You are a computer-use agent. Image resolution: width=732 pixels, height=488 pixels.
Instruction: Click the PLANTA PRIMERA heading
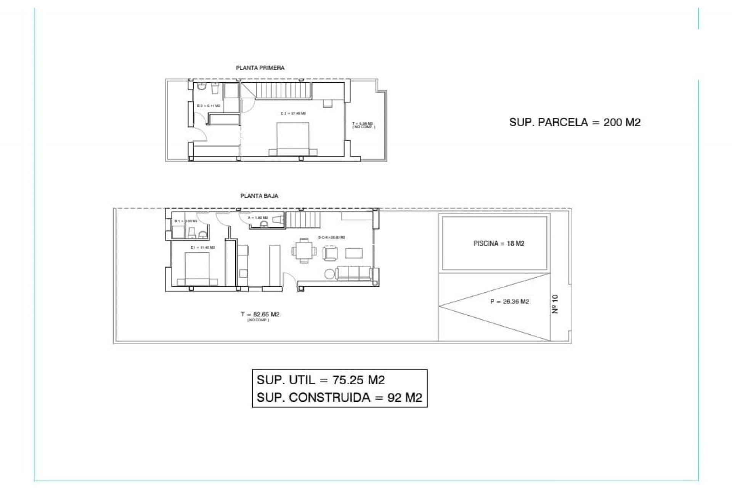260,68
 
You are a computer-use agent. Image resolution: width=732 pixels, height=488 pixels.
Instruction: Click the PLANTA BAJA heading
259,196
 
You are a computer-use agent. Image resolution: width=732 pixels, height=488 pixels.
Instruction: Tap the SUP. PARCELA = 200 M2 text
575,122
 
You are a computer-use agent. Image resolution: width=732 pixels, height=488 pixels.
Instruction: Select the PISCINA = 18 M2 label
499,244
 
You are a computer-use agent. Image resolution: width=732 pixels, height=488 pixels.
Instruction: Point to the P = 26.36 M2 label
509,302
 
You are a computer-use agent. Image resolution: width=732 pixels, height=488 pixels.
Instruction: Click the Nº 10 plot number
555,304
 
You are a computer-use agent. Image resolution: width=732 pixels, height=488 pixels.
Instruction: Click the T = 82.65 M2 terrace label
260,315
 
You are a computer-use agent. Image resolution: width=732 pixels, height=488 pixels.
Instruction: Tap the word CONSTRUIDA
330,398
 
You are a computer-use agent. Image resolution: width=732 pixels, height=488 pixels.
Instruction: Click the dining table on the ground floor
304,250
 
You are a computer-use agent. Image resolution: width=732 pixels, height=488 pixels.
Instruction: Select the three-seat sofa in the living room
355,273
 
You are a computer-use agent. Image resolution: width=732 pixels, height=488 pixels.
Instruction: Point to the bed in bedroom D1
197,269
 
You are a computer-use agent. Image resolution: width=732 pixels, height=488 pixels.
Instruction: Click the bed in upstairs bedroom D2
293,139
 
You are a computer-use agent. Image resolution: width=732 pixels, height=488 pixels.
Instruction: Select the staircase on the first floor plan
283,91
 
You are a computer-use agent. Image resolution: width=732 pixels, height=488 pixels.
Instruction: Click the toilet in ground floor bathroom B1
192,232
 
